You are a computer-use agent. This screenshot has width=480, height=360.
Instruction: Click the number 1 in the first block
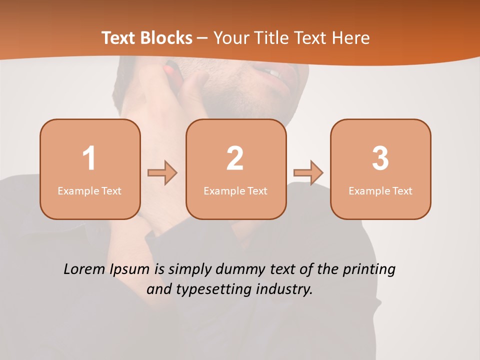coord(89,158)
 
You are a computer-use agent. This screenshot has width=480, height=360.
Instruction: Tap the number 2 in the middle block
coord(235,158)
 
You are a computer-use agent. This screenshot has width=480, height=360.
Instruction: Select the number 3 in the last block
coord(380,158)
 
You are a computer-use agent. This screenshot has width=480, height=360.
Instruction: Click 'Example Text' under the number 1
coord(89,190)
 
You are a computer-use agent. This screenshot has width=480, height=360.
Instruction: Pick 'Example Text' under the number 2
coord(235,190)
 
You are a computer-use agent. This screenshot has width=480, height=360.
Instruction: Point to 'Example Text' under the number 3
coord(380,190)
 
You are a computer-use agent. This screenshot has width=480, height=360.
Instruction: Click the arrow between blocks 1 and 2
coord(162,173)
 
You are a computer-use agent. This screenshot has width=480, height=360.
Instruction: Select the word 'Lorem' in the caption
coord(84,269)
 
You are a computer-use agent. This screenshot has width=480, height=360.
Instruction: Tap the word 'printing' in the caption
coord(369,270)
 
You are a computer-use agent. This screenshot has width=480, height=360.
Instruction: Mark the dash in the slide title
coord(202,38)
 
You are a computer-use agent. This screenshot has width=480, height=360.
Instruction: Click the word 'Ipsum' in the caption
coord(129,270)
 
